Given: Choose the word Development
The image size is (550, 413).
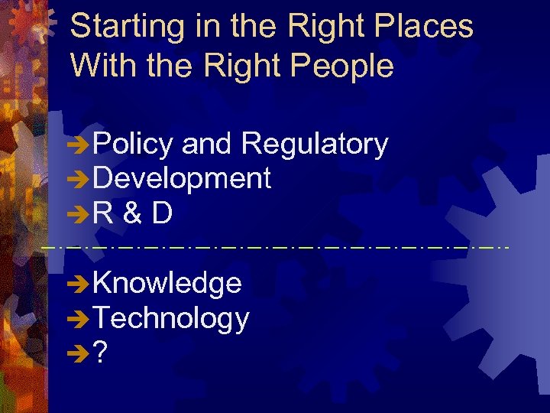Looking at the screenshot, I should [182, 178].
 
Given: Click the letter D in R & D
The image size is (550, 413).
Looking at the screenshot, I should [161, 213].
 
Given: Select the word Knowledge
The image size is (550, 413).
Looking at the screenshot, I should [167, 283].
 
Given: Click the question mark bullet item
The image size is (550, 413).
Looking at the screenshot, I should [99, 353].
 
